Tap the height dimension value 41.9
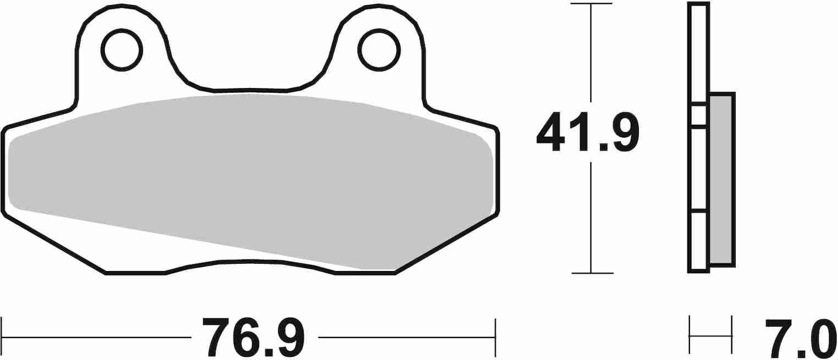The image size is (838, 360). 588,132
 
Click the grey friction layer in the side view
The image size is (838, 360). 721,179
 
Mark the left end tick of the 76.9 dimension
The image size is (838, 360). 2,336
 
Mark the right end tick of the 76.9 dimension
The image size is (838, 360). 496,336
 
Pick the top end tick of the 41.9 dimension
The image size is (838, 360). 591,4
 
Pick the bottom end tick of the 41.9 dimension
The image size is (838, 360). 591,273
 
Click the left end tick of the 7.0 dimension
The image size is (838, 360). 690,335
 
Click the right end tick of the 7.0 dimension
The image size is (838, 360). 732,335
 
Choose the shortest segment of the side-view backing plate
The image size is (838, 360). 698,115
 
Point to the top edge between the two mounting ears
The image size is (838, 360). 250,89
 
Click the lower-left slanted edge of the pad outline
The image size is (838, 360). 55,244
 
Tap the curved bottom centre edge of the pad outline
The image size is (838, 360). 250,262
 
